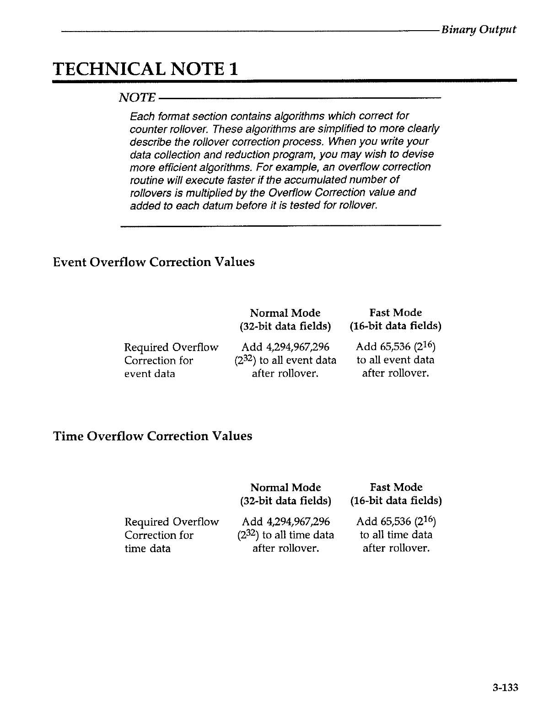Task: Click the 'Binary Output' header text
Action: (x=479, y=30)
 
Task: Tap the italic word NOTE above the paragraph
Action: (x=137, y=97)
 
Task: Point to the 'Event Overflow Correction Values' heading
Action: (x=154, y=262)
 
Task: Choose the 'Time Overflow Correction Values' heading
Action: (x=153, y=436)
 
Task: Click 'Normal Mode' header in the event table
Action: (x=285, y=313)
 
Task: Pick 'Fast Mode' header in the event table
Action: (x=395, y=313)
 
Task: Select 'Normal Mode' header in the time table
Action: (x=285, y=487)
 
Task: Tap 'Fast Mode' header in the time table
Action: (x=396, y=487)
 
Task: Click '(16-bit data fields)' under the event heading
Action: (x=395, y=326)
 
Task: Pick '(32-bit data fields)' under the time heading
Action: (x=285, y=501)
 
